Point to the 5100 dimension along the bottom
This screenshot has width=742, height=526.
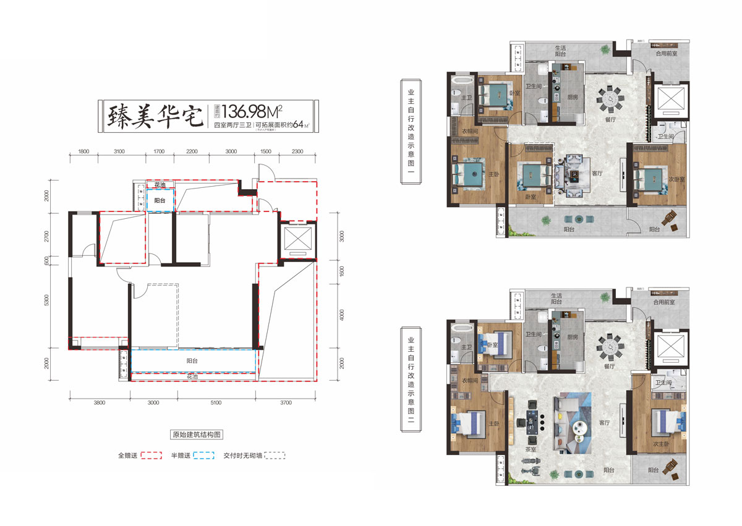tap(216, 402)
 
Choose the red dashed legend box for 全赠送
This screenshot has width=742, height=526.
tap(151, 456)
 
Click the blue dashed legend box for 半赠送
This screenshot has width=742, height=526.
tap(205, 456)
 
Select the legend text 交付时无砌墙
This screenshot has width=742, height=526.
tap(243, 456)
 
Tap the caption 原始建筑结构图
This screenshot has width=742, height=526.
tap(195, 435)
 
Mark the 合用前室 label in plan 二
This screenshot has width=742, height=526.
tap(664, 303)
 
